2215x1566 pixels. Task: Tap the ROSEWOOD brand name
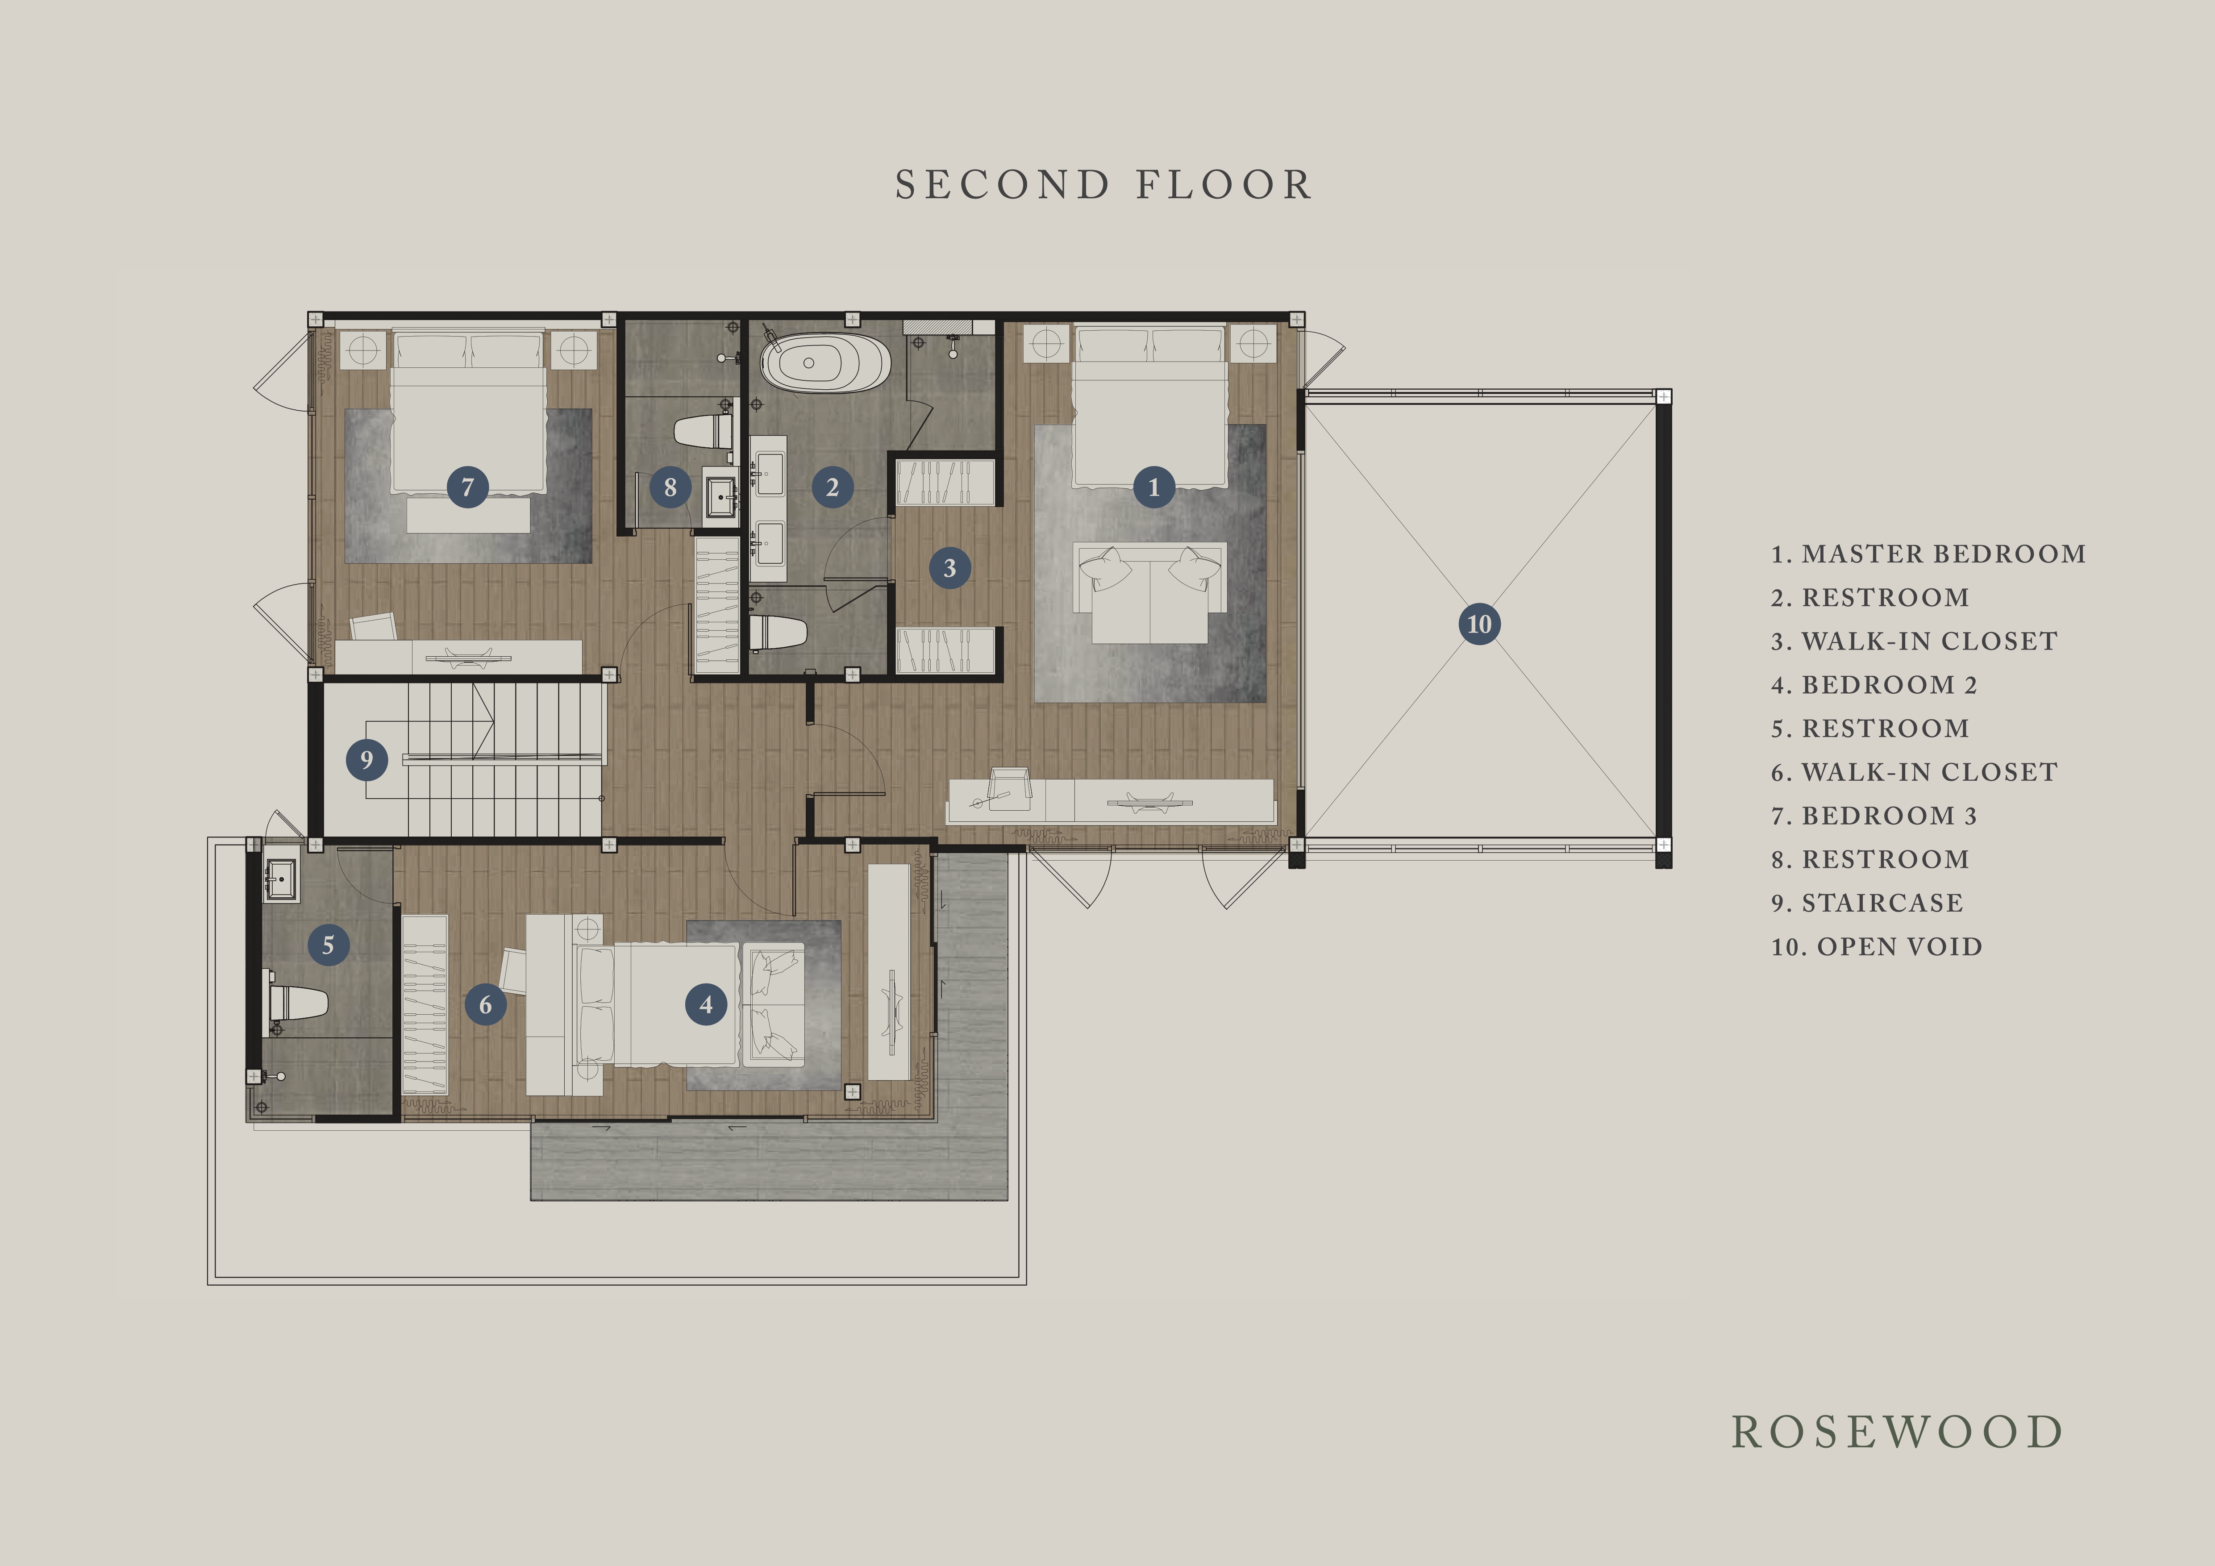[1897, 1432]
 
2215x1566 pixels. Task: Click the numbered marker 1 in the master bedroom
[1154, 487]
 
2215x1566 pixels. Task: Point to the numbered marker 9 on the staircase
[366, 759]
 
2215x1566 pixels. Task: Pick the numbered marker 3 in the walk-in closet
[949, 567]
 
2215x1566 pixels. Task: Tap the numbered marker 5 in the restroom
[328, 945]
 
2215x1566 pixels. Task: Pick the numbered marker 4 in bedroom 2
[706, 1004]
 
